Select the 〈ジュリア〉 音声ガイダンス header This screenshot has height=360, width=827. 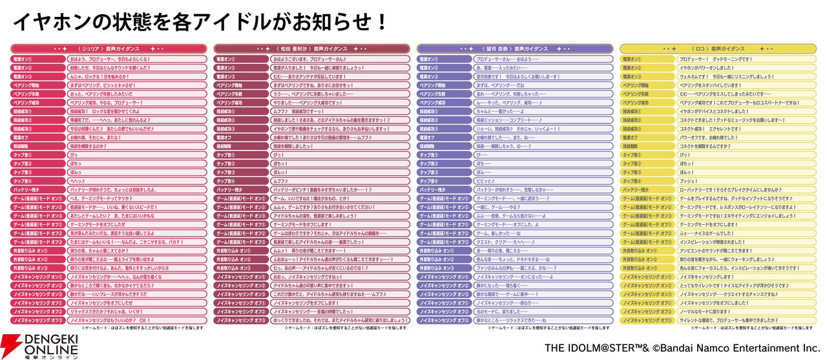(x=109, y=48)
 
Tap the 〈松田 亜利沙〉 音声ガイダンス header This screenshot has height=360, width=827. (x=311, y=48)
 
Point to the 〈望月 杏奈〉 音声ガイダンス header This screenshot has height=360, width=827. (x=515, y=48)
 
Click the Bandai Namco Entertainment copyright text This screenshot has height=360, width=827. (x=682, y=348)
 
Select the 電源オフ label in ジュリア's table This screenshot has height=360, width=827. (x=38, y=138)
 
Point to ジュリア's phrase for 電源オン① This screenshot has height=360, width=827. (x=109, y=59)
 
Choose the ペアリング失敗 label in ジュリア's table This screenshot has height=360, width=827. (x=38, y=94)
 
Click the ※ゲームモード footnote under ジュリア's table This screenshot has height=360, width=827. (x=139, y=328)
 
